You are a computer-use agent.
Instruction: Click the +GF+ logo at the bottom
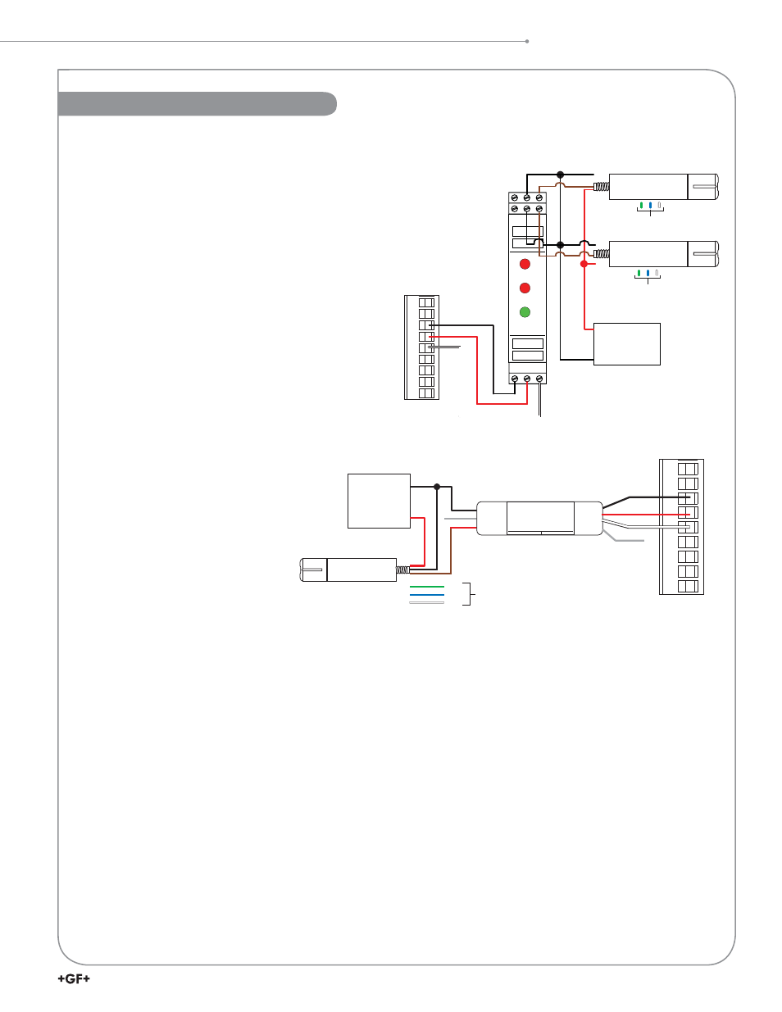coord(74,978)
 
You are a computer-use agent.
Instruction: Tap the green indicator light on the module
coord(525,312)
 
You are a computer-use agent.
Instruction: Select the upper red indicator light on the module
coord(525,264)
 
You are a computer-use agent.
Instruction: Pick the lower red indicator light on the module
coord(525,288)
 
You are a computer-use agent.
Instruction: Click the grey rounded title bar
coord(197,103)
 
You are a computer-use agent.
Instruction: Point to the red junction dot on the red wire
coord(584,264)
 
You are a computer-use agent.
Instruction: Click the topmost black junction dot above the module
coord(561,175)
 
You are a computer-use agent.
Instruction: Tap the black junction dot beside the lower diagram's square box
coord(437,487)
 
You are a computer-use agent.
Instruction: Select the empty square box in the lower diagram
coord(380,501)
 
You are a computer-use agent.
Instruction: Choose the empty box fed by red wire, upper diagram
coord(627,344)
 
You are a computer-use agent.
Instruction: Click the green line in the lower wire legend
coord(426,587)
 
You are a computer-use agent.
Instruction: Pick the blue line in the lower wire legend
coord(426,595)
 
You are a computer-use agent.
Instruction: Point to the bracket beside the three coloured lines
coord(470,594)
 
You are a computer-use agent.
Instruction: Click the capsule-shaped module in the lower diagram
coord(540,519)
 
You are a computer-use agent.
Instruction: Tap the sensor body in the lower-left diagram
coord(348,570)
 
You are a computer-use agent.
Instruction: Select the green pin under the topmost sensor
coord(641,206)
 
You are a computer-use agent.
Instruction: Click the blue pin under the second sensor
coord(648,272)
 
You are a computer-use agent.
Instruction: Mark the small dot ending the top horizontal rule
coord(527,42)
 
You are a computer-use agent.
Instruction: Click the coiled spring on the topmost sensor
coord(602,187)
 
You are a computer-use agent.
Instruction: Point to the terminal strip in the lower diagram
coord(681,527)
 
